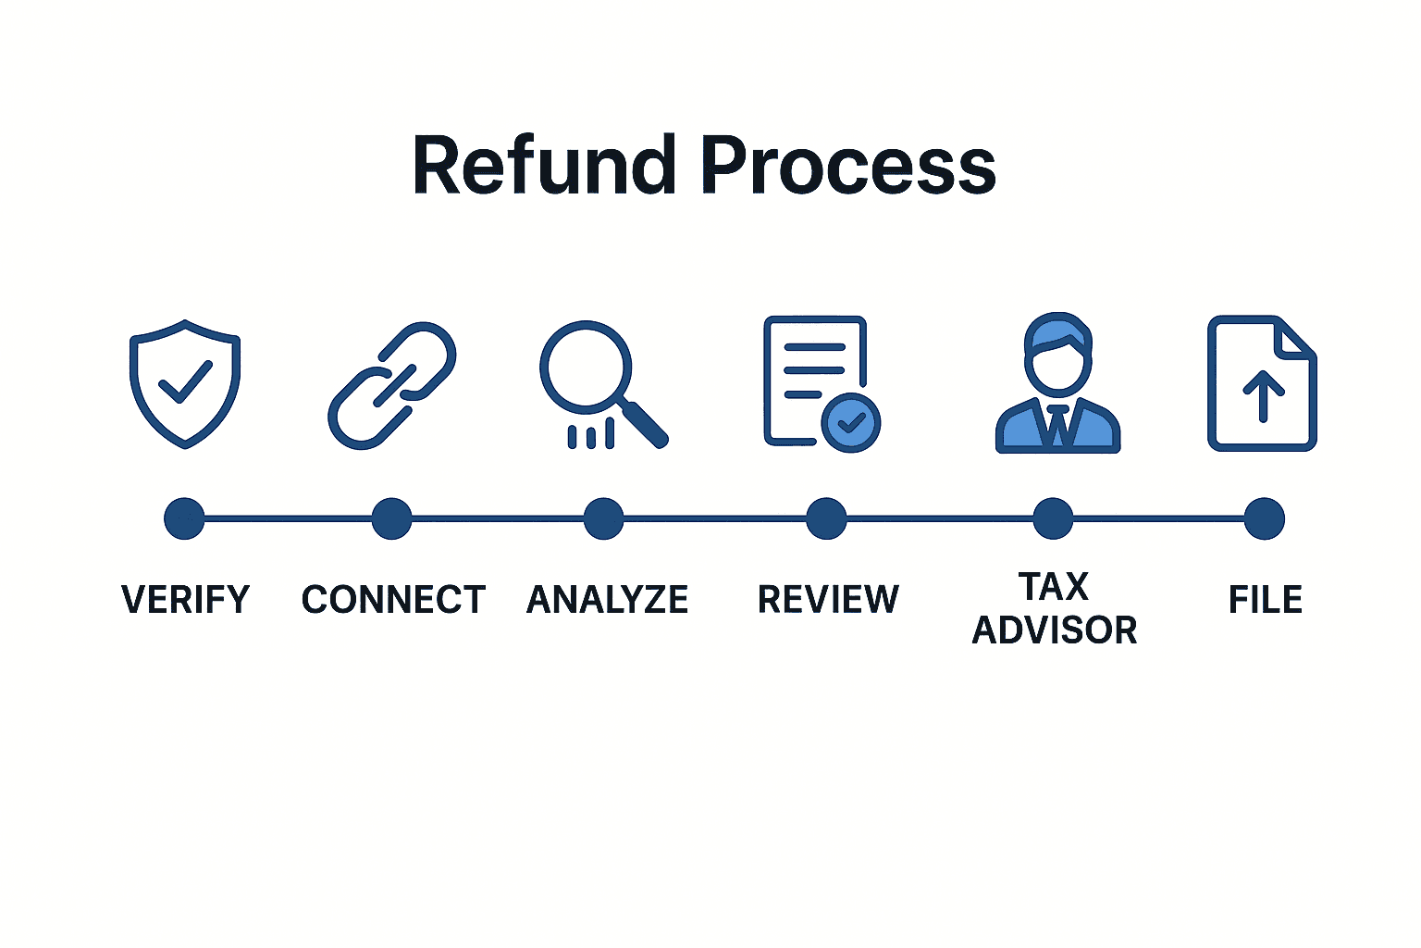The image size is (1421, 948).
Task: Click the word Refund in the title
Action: pos(544,167)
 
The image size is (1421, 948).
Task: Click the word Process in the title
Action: pos(847,167)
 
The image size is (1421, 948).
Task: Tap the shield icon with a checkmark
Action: pos(185,383)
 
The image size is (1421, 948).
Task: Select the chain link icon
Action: pos(392,385)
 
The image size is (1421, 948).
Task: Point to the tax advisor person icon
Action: pos(1057,383)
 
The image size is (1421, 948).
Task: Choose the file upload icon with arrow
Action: pos(1263,383)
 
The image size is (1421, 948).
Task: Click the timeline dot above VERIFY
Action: pos(184,518)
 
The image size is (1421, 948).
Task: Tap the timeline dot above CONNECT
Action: pos(391,518)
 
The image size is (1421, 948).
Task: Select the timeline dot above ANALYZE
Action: pos(603,518)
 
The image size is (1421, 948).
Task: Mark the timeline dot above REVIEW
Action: pos(826,518)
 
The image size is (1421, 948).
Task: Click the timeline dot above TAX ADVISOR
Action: pos(1053,518)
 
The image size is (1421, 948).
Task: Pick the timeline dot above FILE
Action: pos(1264,518)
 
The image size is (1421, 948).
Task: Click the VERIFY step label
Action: pos(186,600)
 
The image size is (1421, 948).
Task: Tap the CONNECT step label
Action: pos(393,600)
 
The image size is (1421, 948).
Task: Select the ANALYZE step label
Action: pos(607,600)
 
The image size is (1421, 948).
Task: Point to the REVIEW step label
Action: pos(828,600)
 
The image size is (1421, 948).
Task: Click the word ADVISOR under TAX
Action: pos(1055,630)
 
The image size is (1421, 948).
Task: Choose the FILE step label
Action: pos(1265,600)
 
